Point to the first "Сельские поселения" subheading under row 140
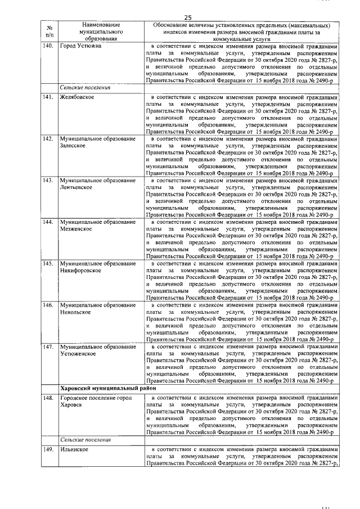85,88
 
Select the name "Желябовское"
77,98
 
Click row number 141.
49,98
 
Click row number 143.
49,181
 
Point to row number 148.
49,398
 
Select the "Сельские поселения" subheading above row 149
85,440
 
